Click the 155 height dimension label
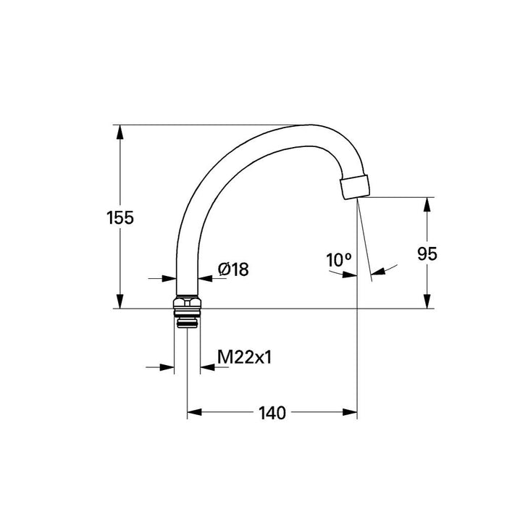pos(120,217)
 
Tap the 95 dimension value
pos(427,253)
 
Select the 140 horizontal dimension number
pos(272,413)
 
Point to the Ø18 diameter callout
pos(233,269)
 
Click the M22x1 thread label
pos(245,358)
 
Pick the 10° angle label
pos(338,260)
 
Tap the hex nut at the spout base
pos(187,302)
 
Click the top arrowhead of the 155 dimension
pos(120,133)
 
